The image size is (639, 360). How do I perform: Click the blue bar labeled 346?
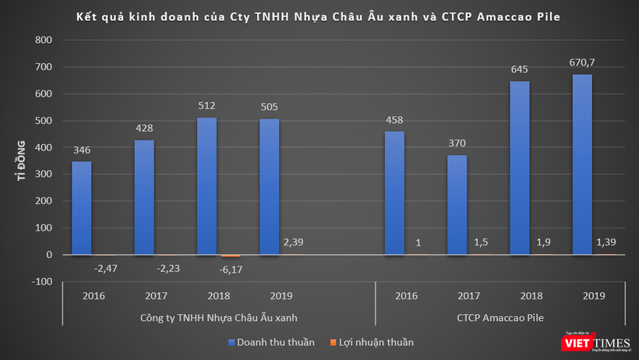tap(81, 208)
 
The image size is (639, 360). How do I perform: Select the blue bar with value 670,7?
tap(582, 164)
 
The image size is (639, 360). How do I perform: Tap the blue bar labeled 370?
tap(457, 205)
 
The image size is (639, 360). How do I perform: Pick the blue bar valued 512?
tap(207, 186)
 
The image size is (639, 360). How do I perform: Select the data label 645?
tap(519, 71)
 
